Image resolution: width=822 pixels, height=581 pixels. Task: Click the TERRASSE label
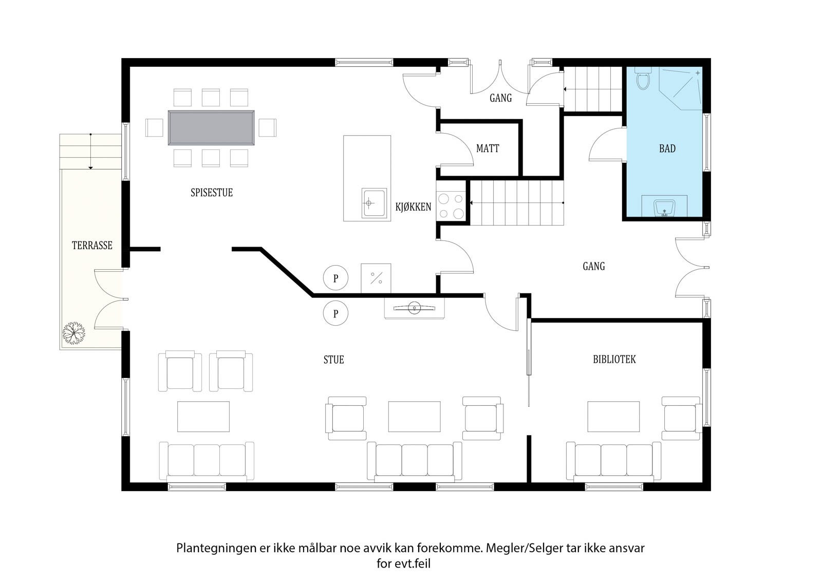click(92, 245)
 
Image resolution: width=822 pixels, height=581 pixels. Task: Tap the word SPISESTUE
click(211, 192)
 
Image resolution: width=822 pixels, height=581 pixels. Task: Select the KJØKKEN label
click(413, 207)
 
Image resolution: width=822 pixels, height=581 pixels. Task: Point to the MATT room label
click(488, 148)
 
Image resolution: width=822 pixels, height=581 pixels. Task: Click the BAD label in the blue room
click(667, 148)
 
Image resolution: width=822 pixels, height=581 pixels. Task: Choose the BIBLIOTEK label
click(614, 359)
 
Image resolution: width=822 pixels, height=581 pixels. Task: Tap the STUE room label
click(333, 360)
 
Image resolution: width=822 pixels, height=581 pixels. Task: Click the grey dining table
click(211, 128)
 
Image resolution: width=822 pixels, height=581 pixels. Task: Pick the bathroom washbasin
click(664, 208)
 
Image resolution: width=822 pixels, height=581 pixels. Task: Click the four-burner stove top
click(451, 207)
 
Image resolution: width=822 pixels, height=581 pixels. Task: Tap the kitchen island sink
click(374, 203)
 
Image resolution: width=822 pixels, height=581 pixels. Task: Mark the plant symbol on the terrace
click(73, 333)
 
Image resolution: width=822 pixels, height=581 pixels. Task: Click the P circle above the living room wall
click(335, 278)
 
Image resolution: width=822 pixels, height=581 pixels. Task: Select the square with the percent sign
click(376, 278)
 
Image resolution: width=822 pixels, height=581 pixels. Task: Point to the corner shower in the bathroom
click(680, 88)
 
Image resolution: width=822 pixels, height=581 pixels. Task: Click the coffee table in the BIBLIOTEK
click(613, 416)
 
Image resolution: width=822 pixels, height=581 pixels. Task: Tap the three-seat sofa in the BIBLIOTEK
click(613, 461)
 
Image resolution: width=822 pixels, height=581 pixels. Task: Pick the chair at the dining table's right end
click(267, 128)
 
